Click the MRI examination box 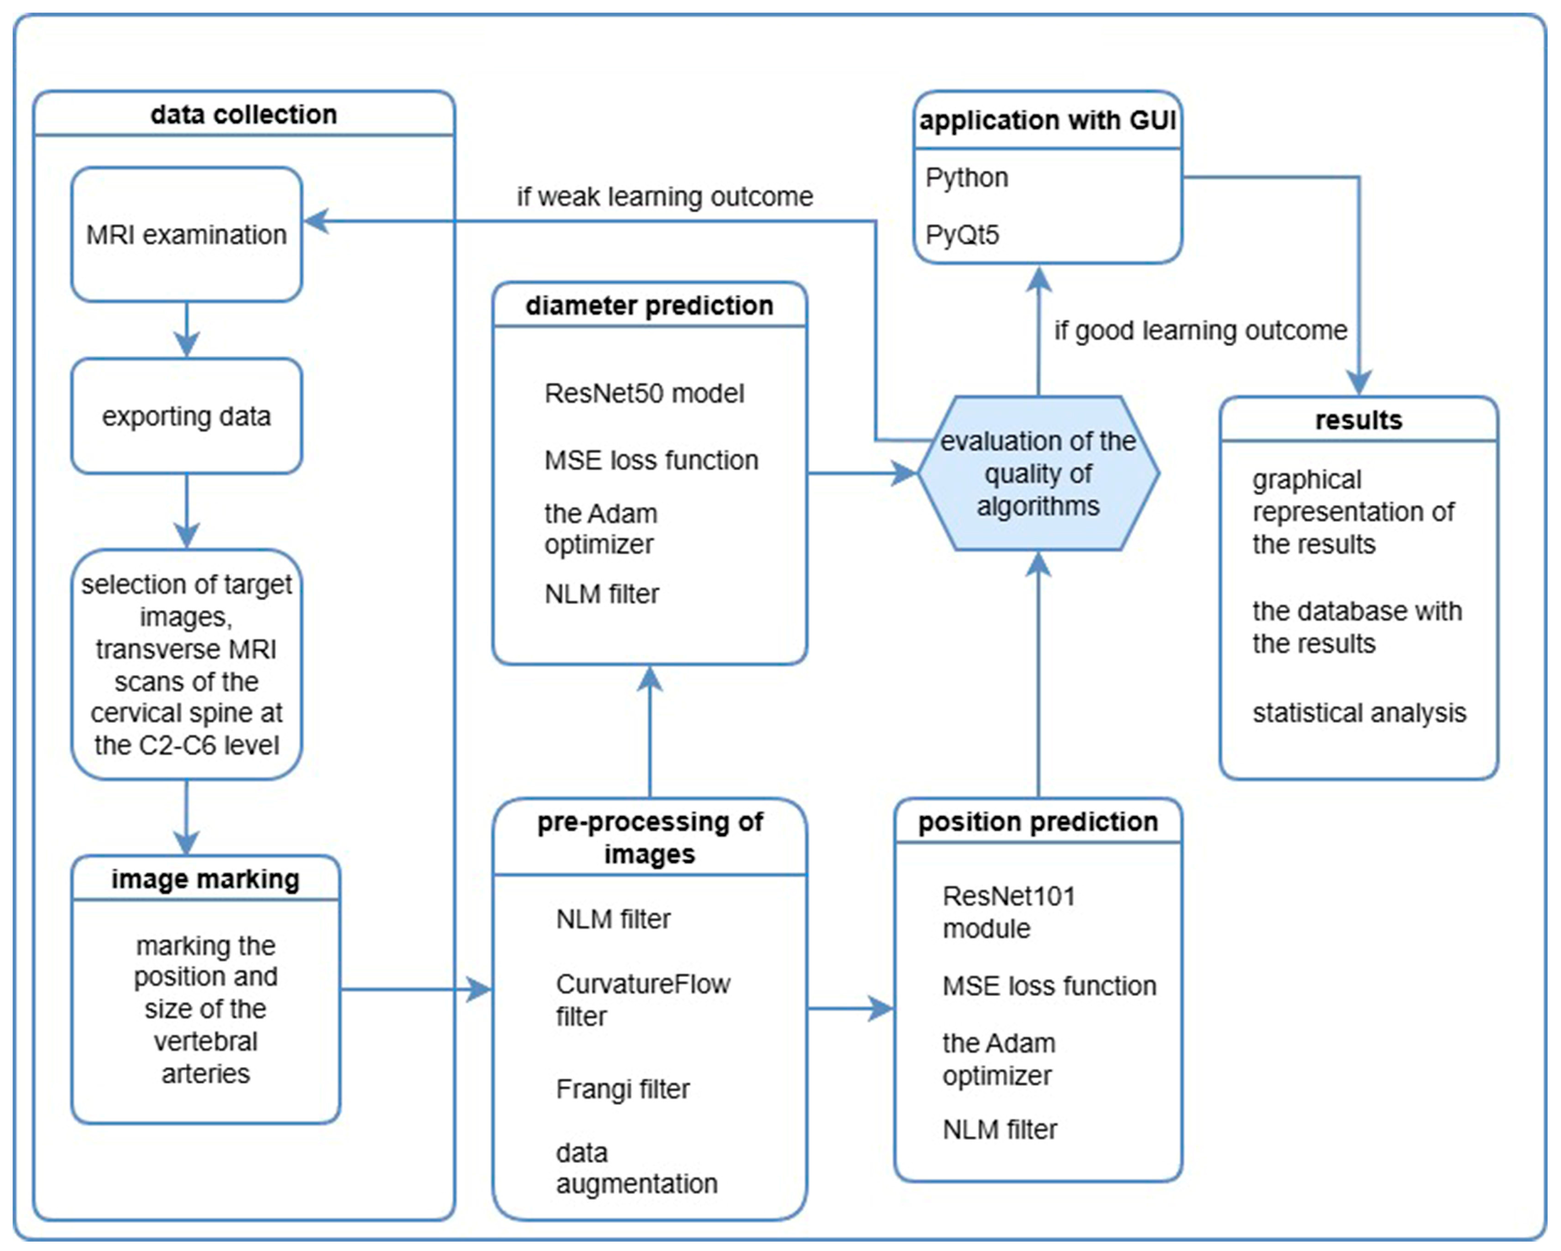[x=187, y=235]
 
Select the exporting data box [x=187, y=416]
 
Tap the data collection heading [x=244, y=114]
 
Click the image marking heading [x=206, y=879]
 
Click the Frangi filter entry [x=623, y=1089]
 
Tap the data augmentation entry [x=636, y=1168]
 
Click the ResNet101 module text [x=1009, y=912]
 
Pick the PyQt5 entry [x=962, y=235]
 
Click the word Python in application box [x=966, y=177]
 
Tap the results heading [x=1358, y=420]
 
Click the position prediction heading [x=1038, y=822]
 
